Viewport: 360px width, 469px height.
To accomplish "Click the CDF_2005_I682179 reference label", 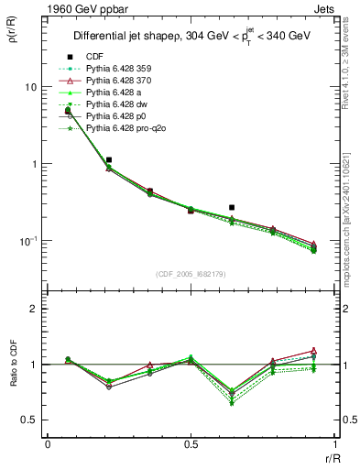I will (x=191, y=272).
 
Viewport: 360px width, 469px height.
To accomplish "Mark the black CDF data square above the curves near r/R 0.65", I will (x=232, y=208).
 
